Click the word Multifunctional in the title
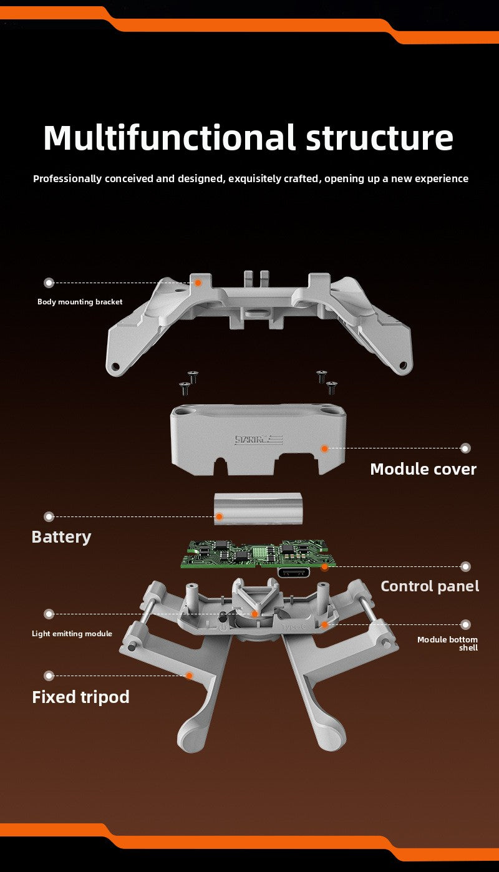(169, 137)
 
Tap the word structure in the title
(379, 138)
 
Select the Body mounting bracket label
(80, 302)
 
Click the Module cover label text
(423, 469)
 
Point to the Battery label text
(62, 537)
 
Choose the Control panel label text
(430, 586)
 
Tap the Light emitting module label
(72, 634)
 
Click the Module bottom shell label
(448, 644)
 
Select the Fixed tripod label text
(80, 697)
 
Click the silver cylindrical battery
(258, 508)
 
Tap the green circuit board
(258, 553)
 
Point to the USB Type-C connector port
(294, 573)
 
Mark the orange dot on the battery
(219, 516)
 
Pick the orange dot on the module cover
(324, 448)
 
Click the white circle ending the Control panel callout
(465, 567)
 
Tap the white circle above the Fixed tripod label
(49, 676)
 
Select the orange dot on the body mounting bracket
(198, 283)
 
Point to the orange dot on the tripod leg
(189, 676)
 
